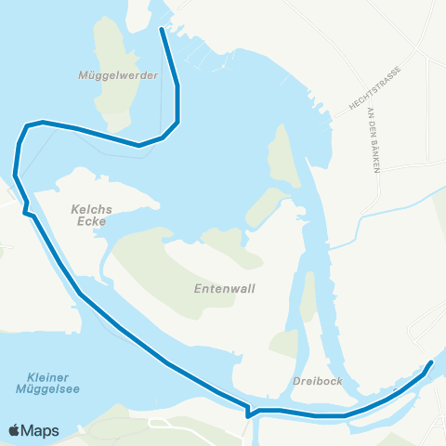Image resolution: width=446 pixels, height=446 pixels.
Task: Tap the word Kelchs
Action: (91, 210)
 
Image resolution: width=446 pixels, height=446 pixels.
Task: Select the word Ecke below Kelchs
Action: (91, 223)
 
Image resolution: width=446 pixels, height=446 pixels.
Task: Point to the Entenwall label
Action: (224, 289)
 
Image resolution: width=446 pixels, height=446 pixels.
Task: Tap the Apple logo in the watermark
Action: (16, 430)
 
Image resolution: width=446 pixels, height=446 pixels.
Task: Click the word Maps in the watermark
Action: (41, 430)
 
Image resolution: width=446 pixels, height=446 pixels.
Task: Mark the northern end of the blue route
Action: (163, 30)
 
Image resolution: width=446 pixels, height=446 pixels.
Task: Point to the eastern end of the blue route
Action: (431, 362)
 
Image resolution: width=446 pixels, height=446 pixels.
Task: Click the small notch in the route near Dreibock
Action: (248, 412)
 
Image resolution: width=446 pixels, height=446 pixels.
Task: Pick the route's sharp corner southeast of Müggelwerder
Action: (177, 121)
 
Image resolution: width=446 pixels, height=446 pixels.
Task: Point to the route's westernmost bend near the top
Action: (16, 173)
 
